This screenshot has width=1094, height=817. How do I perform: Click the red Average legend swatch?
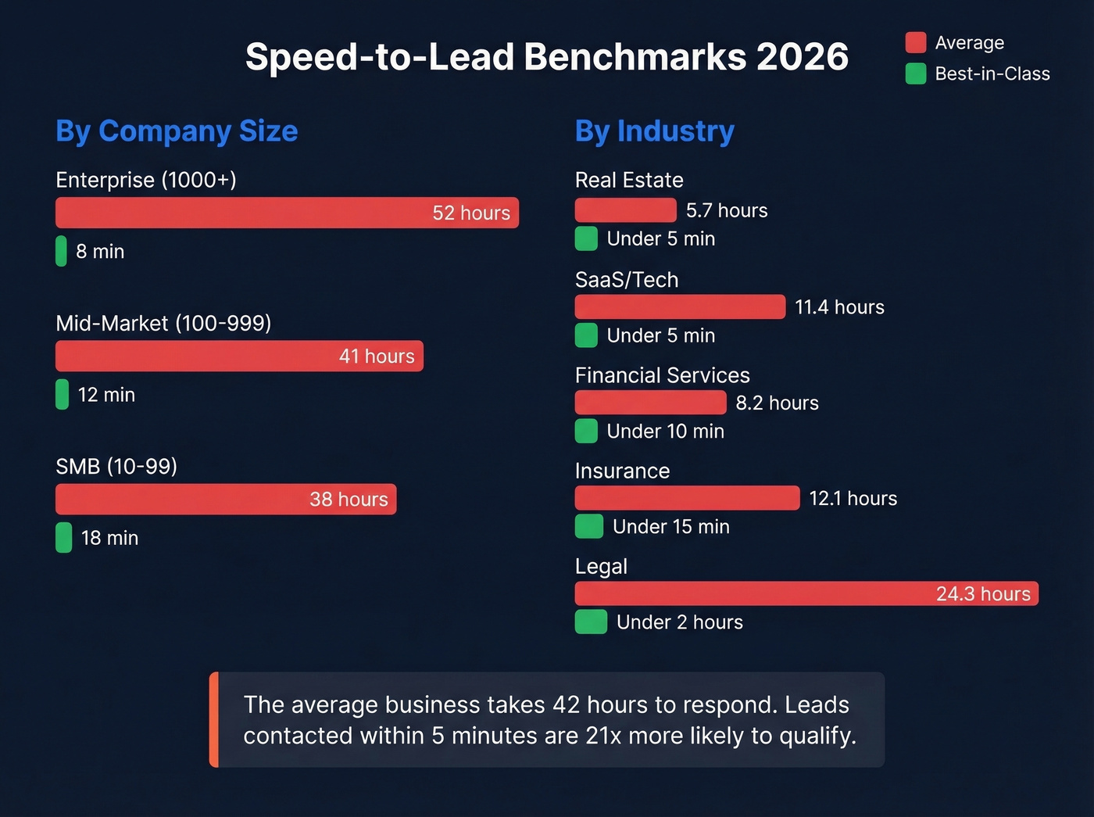pos(915,42)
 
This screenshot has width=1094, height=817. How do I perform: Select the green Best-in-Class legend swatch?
pos(915,73)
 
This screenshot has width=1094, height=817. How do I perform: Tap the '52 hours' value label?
pos(470,213)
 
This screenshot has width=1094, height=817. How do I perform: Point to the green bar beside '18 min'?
pos(63,538)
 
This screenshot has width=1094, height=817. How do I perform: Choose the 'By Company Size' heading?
pos(177,131)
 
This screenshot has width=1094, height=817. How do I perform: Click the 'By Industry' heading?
pos(654,131)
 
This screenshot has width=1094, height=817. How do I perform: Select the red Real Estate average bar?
pos(625,210)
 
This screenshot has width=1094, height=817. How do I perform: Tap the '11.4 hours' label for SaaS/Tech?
pos(839,307)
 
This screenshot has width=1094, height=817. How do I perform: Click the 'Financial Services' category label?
pos(662,375)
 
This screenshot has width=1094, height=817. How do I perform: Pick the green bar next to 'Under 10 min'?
pos(586,431)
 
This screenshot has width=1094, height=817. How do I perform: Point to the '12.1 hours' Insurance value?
pos(853,498)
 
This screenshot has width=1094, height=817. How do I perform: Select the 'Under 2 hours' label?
pos(679,622)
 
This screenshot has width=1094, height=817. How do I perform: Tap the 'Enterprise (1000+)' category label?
pos(146,180)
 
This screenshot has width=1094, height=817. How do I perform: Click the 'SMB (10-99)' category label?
pos(116,466)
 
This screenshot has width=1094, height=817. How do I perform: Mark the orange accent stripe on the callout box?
pos(214,719)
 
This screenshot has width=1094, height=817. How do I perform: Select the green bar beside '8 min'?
pos(61,251)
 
